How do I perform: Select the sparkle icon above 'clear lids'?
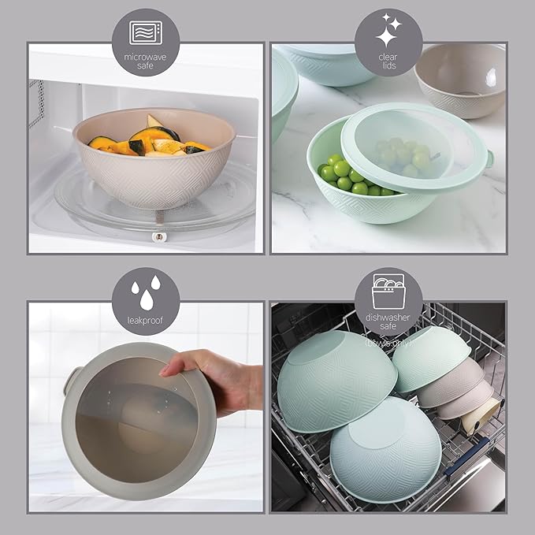[x=388, y=32]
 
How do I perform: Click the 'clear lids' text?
[x=388, y=62]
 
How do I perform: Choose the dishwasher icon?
[x=388, y=285]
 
